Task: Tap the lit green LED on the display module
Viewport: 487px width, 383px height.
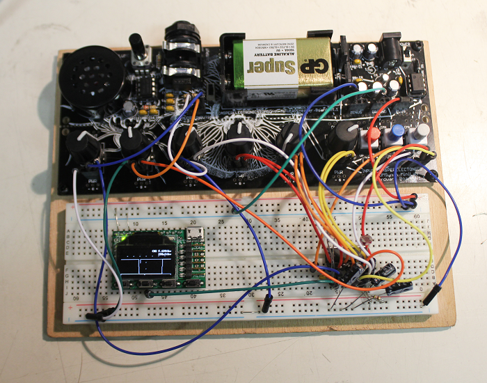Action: coord(125,240)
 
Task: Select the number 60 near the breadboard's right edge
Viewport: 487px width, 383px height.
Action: coord(417,217)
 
